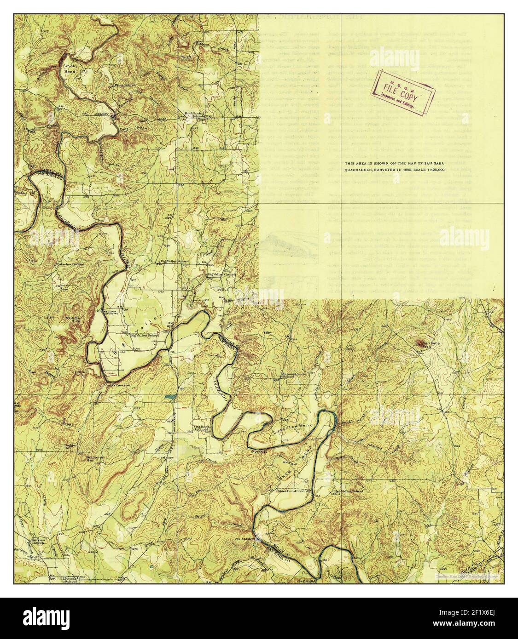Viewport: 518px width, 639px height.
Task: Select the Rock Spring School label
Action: coord(192,115)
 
